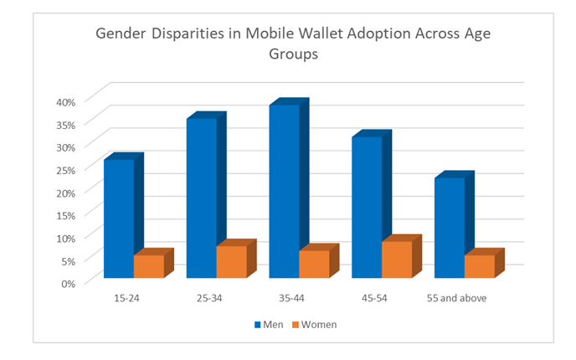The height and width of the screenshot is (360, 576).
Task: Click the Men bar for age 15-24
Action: point(118,218)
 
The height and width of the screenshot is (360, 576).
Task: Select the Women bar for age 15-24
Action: point(148,265)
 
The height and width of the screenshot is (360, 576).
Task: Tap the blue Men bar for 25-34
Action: point(201,198)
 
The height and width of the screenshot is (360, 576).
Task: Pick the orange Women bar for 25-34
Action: point(231,261)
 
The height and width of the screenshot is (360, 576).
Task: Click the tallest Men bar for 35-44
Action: point(284,191)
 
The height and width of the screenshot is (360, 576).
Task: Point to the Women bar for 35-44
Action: point(314,264)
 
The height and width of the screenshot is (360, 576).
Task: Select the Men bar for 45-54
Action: point(367,207)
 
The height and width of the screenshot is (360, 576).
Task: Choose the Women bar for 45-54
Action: point(397,259)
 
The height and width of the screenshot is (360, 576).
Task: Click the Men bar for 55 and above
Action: point(450,227)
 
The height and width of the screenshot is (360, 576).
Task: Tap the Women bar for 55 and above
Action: point(480,265)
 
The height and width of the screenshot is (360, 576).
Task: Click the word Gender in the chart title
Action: point(121,34)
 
